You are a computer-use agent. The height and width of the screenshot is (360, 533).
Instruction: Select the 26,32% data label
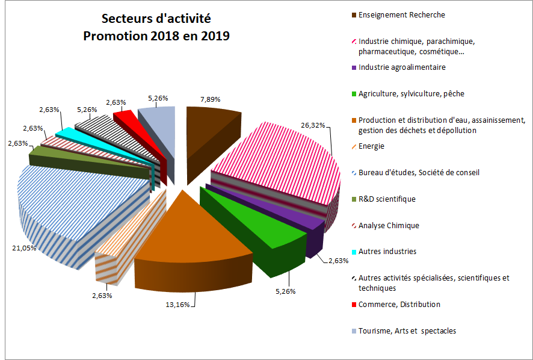pyautogui.click(x=313, y=125)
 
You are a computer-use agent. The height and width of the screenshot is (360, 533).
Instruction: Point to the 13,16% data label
pyautogui.click(x=177, y=304)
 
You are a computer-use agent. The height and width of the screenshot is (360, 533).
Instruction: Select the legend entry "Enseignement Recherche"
pyautogui.click(x=401, y=14)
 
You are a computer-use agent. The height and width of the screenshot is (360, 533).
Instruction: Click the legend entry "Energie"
pyautogui.click(x=371, y=146)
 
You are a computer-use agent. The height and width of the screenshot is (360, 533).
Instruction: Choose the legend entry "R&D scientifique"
pyautogui.click(x=387, y=199)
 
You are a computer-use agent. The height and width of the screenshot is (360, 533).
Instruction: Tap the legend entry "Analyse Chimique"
pyautogui.click(x=389, y=225)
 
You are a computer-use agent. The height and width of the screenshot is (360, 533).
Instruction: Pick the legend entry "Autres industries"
pyautogui.click(x=387, y=251)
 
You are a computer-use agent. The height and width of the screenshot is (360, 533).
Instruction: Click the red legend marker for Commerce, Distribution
pyautogui.click(x=353, y=305)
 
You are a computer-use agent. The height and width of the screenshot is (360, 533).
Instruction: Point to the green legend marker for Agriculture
pyautogui.click(x=353, y=94)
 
